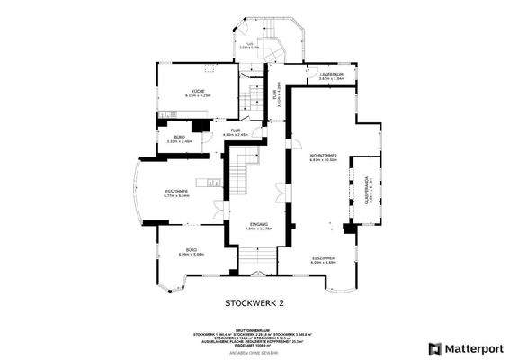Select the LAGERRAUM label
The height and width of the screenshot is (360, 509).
332,76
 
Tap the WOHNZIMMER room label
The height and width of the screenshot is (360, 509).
324,157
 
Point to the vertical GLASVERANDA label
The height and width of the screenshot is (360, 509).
365,192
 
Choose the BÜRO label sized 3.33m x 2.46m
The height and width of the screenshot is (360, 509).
180,137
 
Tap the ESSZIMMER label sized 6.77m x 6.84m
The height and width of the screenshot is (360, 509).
176,192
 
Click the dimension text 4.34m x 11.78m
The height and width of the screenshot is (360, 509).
258,229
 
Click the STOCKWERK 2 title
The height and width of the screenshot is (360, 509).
254,304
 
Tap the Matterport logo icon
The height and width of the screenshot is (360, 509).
434,347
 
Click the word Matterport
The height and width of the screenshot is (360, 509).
471,347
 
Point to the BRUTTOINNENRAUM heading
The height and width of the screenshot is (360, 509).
254,328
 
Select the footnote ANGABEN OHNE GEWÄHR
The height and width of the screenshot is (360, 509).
254,353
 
